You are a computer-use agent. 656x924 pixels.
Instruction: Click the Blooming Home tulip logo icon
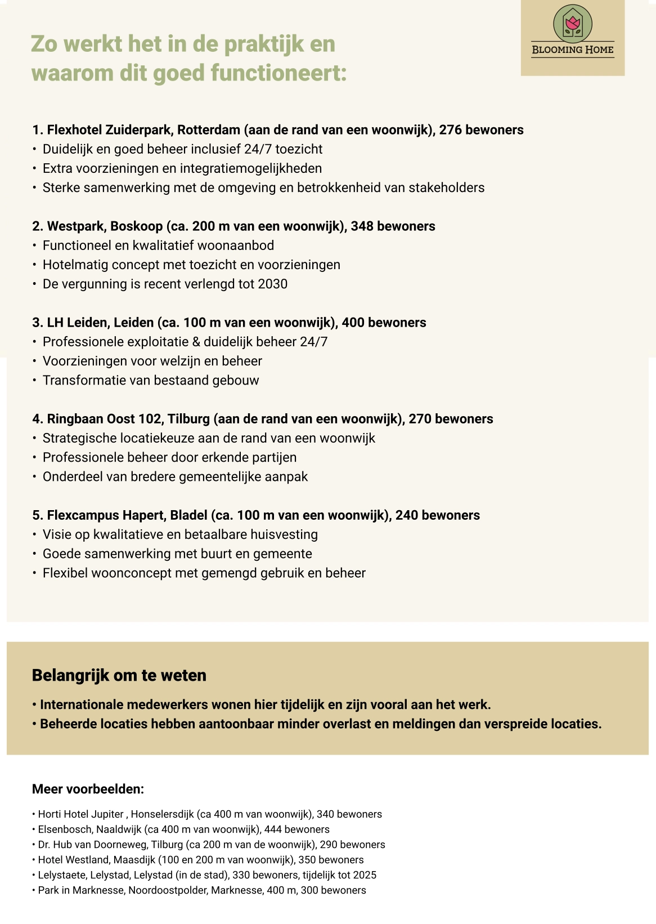click(573, 23)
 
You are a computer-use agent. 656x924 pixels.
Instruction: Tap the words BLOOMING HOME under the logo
click(573, 50)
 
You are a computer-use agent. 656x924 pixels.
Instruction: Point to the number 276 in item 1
click(450, 130)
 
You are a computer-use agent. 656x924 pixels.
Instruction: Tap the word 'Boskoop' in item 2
click(136, 226)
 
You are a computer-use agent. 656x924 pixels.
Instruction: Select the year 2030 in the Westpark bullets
click(272, 284)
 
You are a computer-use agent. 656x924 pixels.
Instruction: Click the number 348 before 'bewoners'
click(362, 226)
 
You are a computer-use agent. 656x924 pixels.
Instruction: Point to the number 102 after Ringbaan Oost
click(151, 419)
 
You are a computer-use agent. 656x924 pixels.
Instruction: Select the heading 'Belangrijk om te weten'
click(119, 675)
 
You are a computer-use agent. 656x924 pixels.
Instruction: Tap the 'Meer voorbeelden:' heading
click(88, 789)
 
